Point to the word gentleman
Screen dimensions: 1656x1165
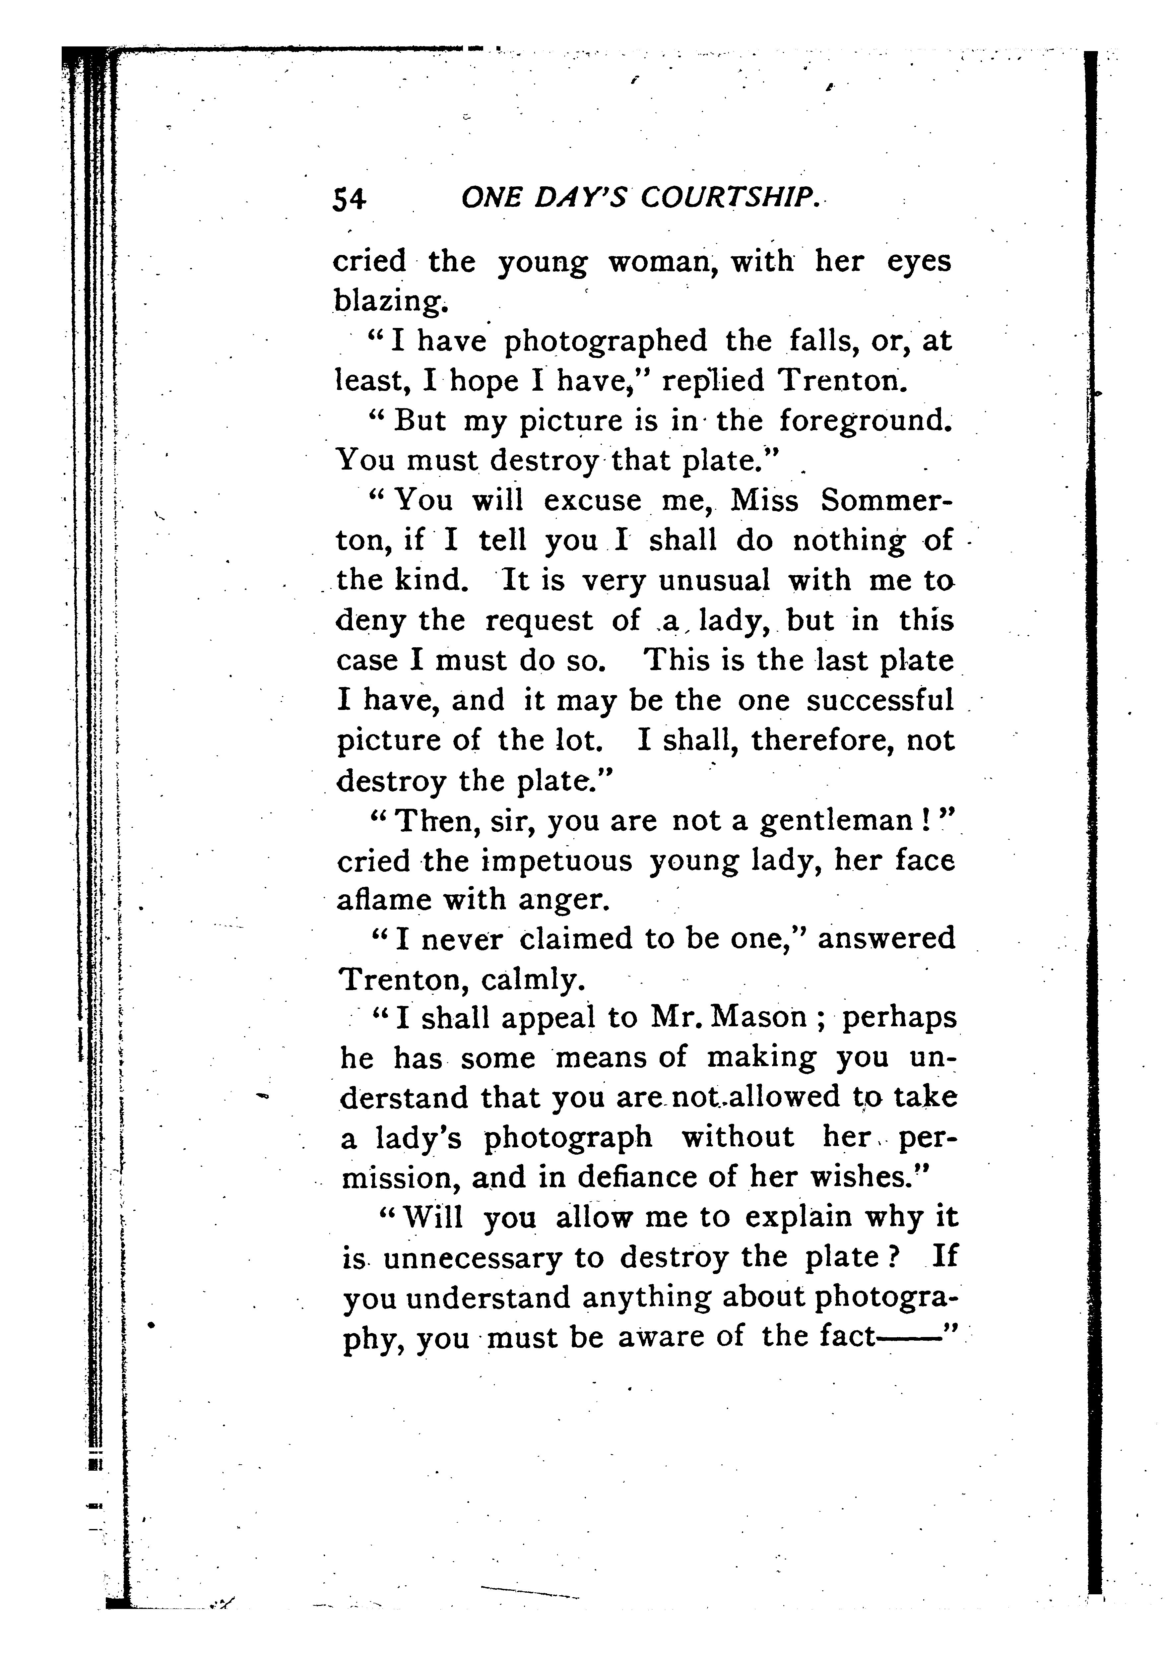[x=838, y=821]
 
